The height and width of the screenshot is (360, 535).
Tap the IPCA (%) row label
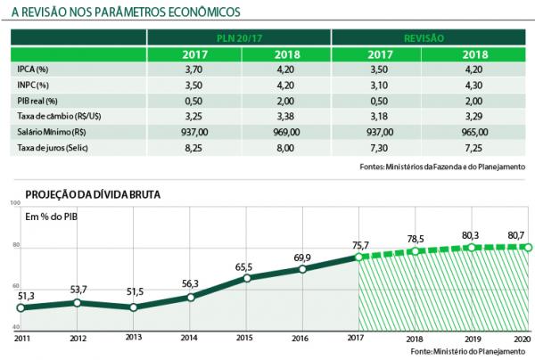coord(34,69)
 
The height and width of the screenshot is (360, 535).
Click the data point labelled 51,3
coord(20,308)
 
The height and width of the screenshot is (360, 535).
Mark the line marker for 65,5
coord(246,278)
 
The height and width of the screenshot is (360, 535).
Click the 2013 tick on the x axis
coord(134,339)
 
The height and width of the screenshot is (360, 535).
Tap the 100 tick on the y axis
coord(14,204)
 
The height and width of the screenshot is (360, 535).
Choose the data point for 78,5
coord(414,251)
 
